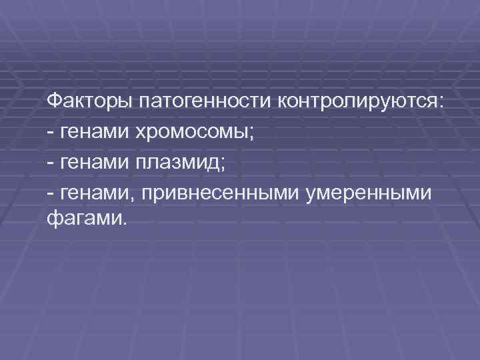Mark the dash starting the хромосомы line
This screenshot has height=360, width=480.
pos(51,133)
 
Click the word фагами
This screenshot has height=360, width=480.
pos(83,220)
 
